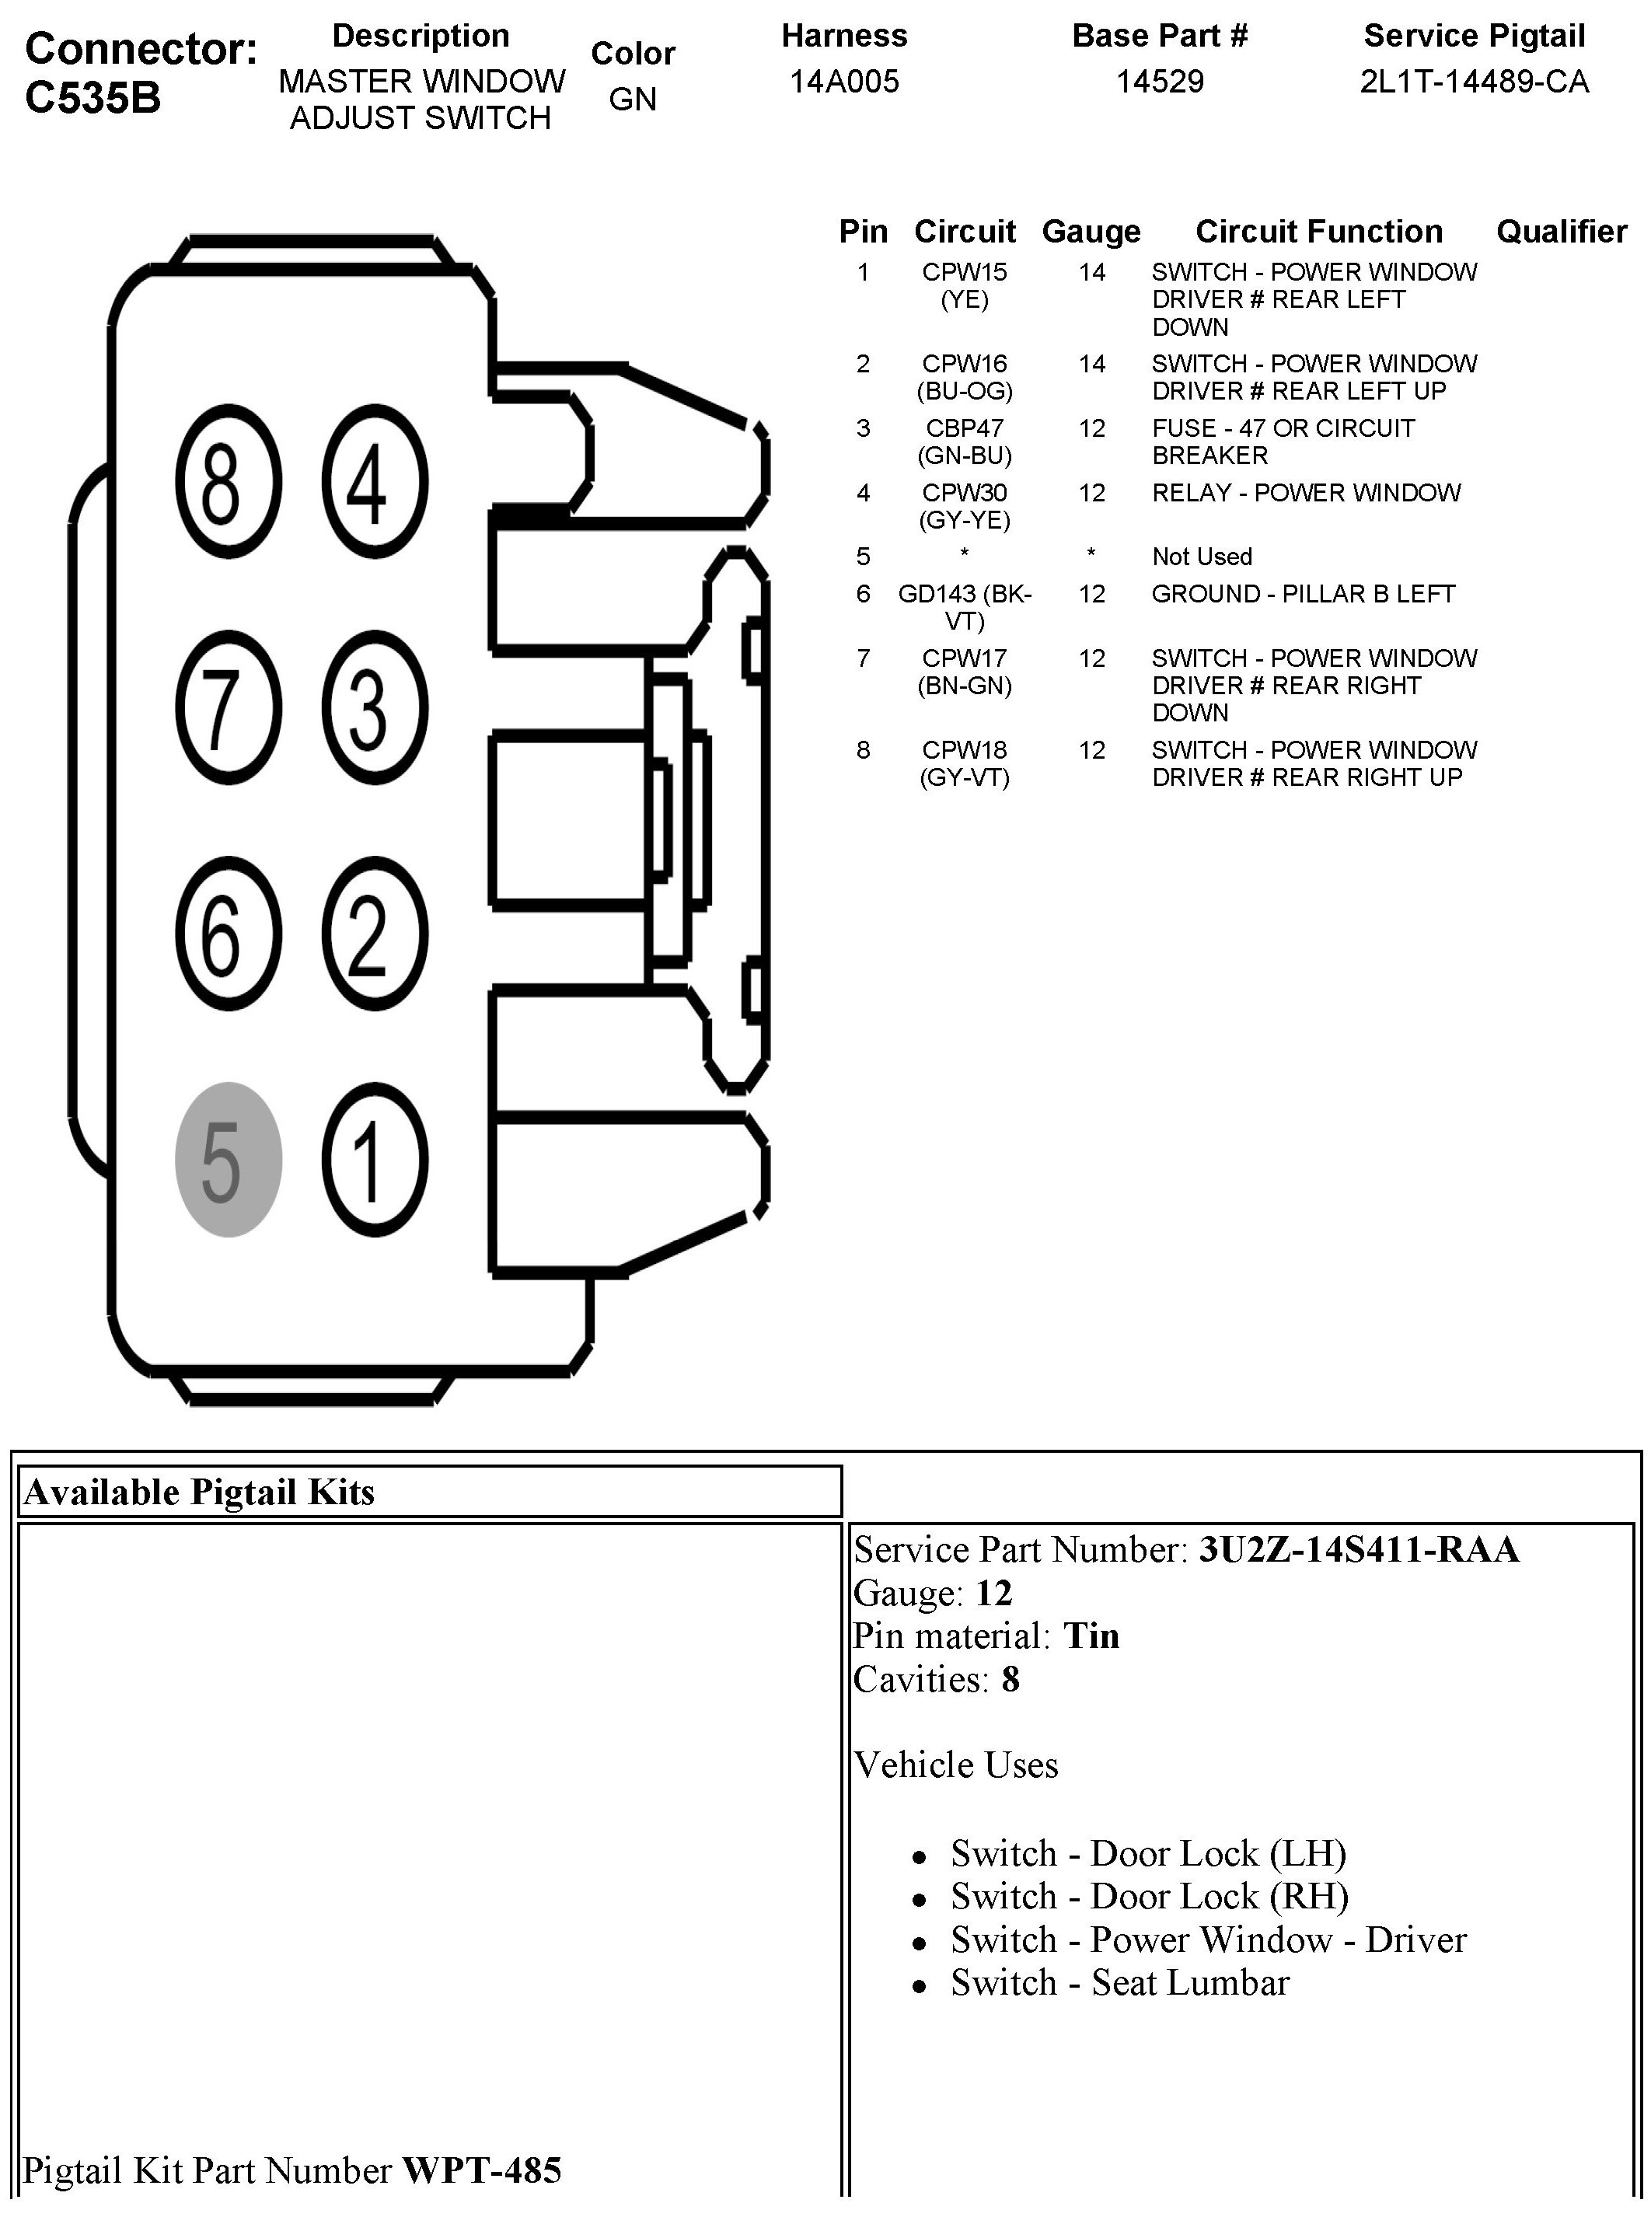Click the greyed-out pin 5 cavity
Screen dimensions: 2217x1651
(x=228, y=1160)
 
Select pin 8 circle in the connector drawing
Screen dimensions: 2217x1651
(x=228, y=482)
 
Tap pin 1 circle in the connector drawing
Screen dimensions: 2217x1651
(x=375, y=1160)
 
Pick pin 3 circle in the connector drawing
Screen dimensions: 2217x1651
(x=375, y=707)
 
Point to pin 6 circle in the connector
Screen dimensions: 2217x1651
(x=228, y=934)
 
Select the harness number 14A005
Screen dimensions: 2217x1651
(x=844, y=81)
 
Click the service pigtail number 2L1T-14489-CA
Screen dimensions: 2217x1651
(x=1474, y=81)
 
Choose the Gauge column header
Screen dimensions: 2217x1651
(x=1091, y=231)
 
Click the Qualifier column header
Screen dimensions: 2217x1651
(x=1561, y=231)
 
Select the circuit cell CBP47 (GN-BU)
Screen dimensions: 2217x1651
(x=965, y=441)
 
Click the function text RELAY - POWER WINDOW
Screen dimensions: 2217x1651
(x=1305, y=492)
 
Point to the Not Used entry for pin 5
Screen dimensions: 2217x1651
(x=1201, y=556)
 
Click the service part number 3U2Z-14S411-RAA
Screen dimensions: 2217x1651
(x=1358, y=1548)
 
